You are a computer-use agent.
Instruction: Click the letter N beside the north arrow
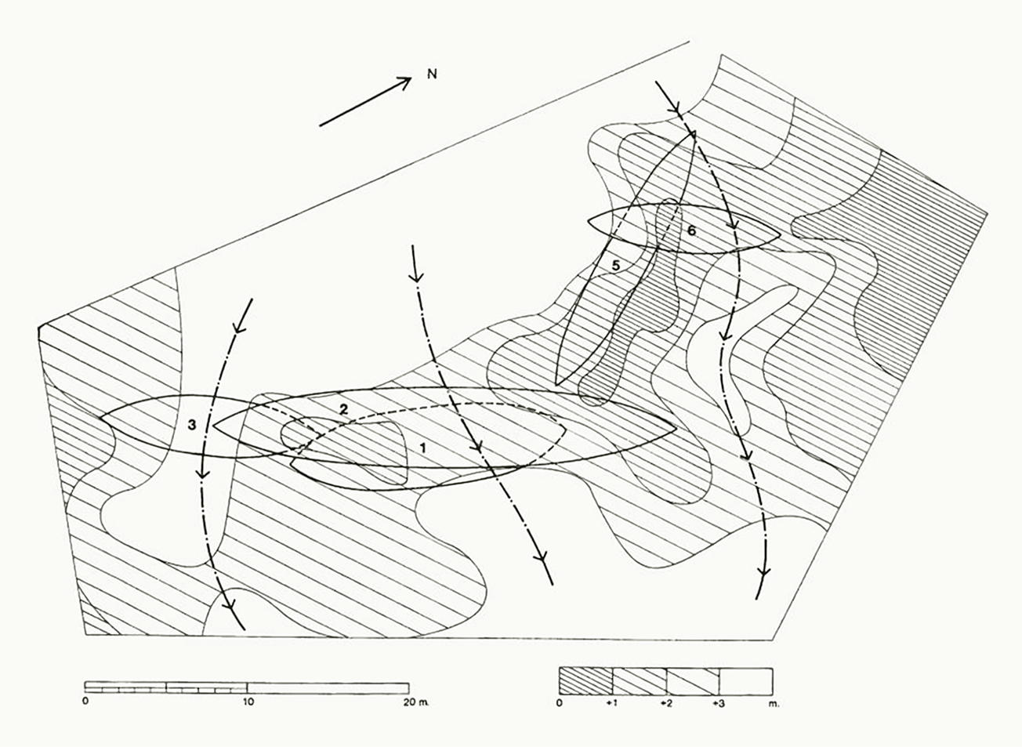[431, 74]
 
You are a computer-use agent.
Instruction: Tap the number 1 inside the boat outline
[423, 448]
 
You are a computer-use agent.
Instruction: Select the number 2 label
[342, 409]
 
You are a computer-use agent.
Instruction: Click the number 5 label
[616, 266]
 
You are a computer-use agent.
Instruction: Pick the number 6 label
[690, 231]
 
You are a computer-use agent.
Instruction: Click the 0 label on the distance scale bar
[85, 702]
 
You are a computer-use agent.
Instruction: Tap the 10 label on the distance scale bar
[248, 702]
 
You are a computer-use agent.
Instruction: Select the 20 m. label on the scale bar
[413, 702]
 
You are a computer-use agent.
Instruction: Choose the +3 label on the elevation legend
[719, 704]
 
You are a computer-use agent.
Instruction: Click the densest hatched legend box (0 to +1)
[585, 678]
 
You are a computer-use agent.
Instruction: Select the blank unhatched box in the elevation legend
[746, 678]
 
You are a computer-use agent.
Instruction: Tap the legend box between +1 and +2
[639, 678]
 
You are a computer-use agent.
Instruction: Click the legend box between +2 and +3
[693, 678]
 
